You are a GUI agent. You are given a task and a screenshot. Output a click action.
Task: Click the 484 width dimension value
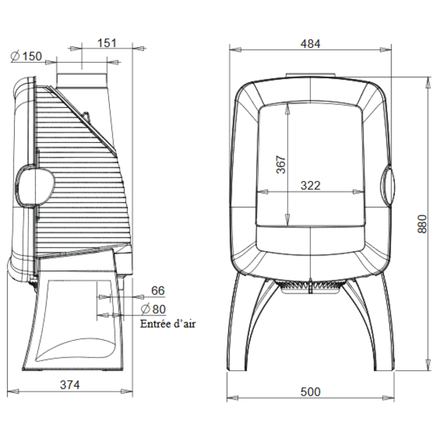pos(310,44)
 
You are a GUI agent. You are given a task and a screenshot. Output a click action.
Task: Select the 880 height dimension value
pos(422,224)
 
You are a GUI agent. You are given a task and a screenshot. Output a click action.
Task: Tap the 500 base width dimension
pos(310,391)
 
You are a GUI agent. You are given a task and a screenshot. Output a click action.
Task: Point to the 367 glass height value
pos(281,165)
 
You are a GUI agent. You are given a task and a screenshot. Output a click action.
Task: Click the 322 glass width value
pos(310,185)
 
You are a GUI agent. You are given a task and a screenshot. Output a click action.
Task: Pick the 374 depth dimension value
pos(70,384)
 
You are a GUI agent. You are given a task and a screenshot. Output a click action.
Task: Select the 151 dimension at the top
pos(106,43)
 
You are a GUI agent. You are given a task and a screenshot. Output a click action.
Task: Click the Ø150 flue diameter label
pos(26,56)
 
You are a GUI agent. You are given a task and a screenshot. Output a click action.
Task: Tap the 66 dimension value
pos(158,291)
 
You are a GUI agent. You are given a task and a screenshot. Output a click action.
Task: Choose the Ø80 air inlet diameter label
pos(153,309)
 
